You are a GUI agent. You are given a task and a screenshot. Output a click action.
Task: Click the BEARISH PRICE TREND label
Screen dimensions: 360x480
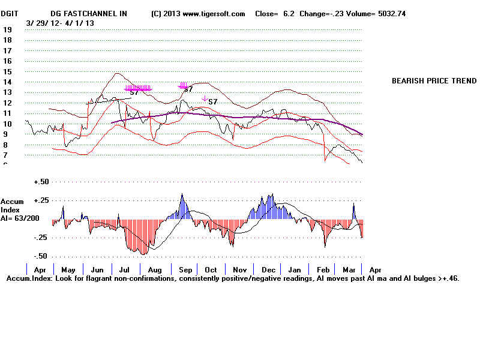pyautogui.click(x=434, y=81)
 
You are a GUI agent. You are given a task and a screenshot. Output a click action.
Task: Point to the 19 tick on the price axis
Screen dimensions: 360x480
pyautogui.click(x=8, y=29)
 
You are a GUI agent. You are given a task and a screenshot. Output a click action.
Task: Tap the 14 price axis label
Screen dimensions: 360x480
pyautogui.click(x=8, y=82)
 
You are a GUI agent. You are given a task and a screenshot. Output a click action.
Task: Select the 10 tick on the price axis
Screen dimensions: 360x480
pyautogui.click(x=8, y=124)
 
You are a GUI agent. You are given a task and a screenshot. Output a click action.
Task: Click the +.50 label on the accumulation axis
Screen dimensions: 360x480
pyautogui.click(x=41, y=181)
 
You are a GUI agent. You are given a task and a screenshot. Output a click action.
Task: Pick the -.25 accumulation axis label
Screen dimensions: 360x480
pyautogui.click(x=41, y=238)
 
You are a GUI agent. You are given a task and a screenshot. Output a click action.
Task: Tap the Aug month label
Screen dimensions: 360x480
pyautogui.click(x=154, y=270)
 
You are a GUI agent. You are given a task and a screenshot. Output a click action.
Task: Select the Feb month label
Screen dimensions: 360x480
pyautogui.click(x=322, y=270)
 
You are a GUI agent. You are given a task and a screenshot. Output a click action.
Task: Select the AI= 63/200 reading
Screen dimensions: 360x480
pyautogui.click(x=22, y=218)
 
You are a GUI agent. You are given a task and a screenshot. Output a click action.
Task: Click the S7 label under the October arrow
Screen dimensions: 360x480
pyautogui.click(x=212, y=102)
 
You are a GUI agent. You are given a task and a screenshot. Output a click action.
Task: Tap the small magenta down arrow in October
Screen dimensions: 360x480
pyautogui.click(x=205, y=98)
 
